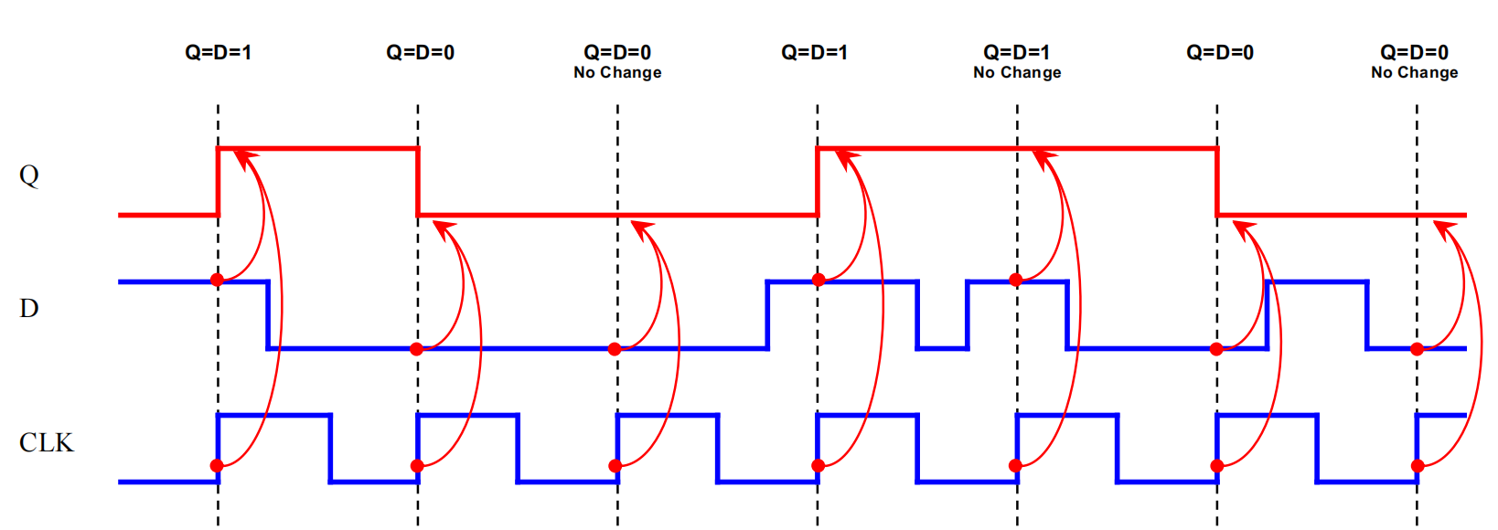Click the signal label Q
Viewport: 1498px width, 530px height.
pyautogui.click(x=29, y=175)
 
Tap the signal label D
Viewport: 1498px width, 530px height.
pyautogui.click(x=29, y=308)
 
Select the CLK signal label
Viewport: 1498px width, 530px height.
pyautogui.click(x=46, y=442)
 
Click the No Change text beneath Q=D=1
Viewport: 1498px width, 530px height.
pyautogui.click(x=1017, y=72)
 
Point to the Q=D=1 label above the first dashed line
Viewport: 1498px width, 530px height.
pyautogui.click(x=218, y=52)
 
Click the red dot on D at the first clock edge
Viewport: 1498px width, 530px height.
pyautogui.click(x=217, y=280)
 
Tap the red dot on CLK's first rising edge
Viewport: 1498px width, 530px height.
pyautogui.click(x=217, y=466)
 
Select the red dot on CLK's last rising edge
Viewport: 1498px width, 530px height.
pyautogui.click(x=1418, y=466)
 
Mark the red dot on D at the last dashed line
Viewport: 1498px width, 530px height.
pyautogui.click(x=1417, y=349)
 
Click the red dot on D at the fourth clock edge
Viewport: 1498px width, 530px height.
pyautogui.click(x=819, y=280)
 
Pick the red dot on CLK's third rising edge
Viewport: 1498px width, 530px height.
pyautogui.click(x=615, y=466)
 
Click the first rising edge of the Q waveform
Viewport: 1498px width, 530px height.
pyautogui.click(x=218, y=181)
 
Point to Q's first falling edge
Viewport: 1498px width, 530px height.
pyautogui.click(x=418, y=181)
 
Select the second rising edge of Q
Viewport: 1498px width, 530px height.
pyautogui.click(x=818, y=181)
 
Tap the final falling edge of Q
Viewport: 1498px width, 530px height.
pyautogui.click(x=1217, y=181)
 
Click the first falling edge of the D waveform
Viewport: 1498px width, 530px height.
pyautogui.click(x=268, y=315)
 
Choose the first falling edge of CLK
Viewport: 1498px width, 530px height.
pyautogui.click(x=330, y=448)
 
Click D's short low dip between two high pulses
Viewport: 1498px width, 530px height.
pyautogui.click(x=942, y=347)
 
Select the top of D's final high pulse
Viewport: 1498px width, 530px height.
pyautogui.click(x=1317, y=282)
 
